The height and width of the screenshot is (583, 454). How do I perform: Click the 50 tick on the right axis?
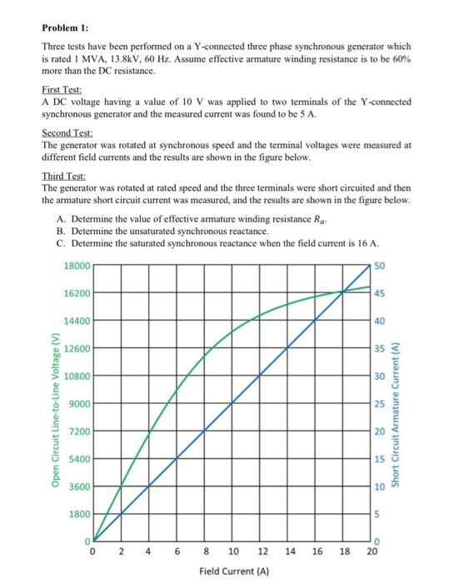tap(380, 265)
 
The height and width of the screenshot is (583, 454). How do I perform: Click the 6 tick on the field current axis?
tap(177, 551)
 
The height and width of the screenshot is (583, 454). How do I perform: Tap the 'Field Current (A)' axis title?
tap(232, 572)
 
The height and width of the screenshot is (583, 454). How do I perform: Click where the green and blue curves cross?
tap(344, 291)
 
